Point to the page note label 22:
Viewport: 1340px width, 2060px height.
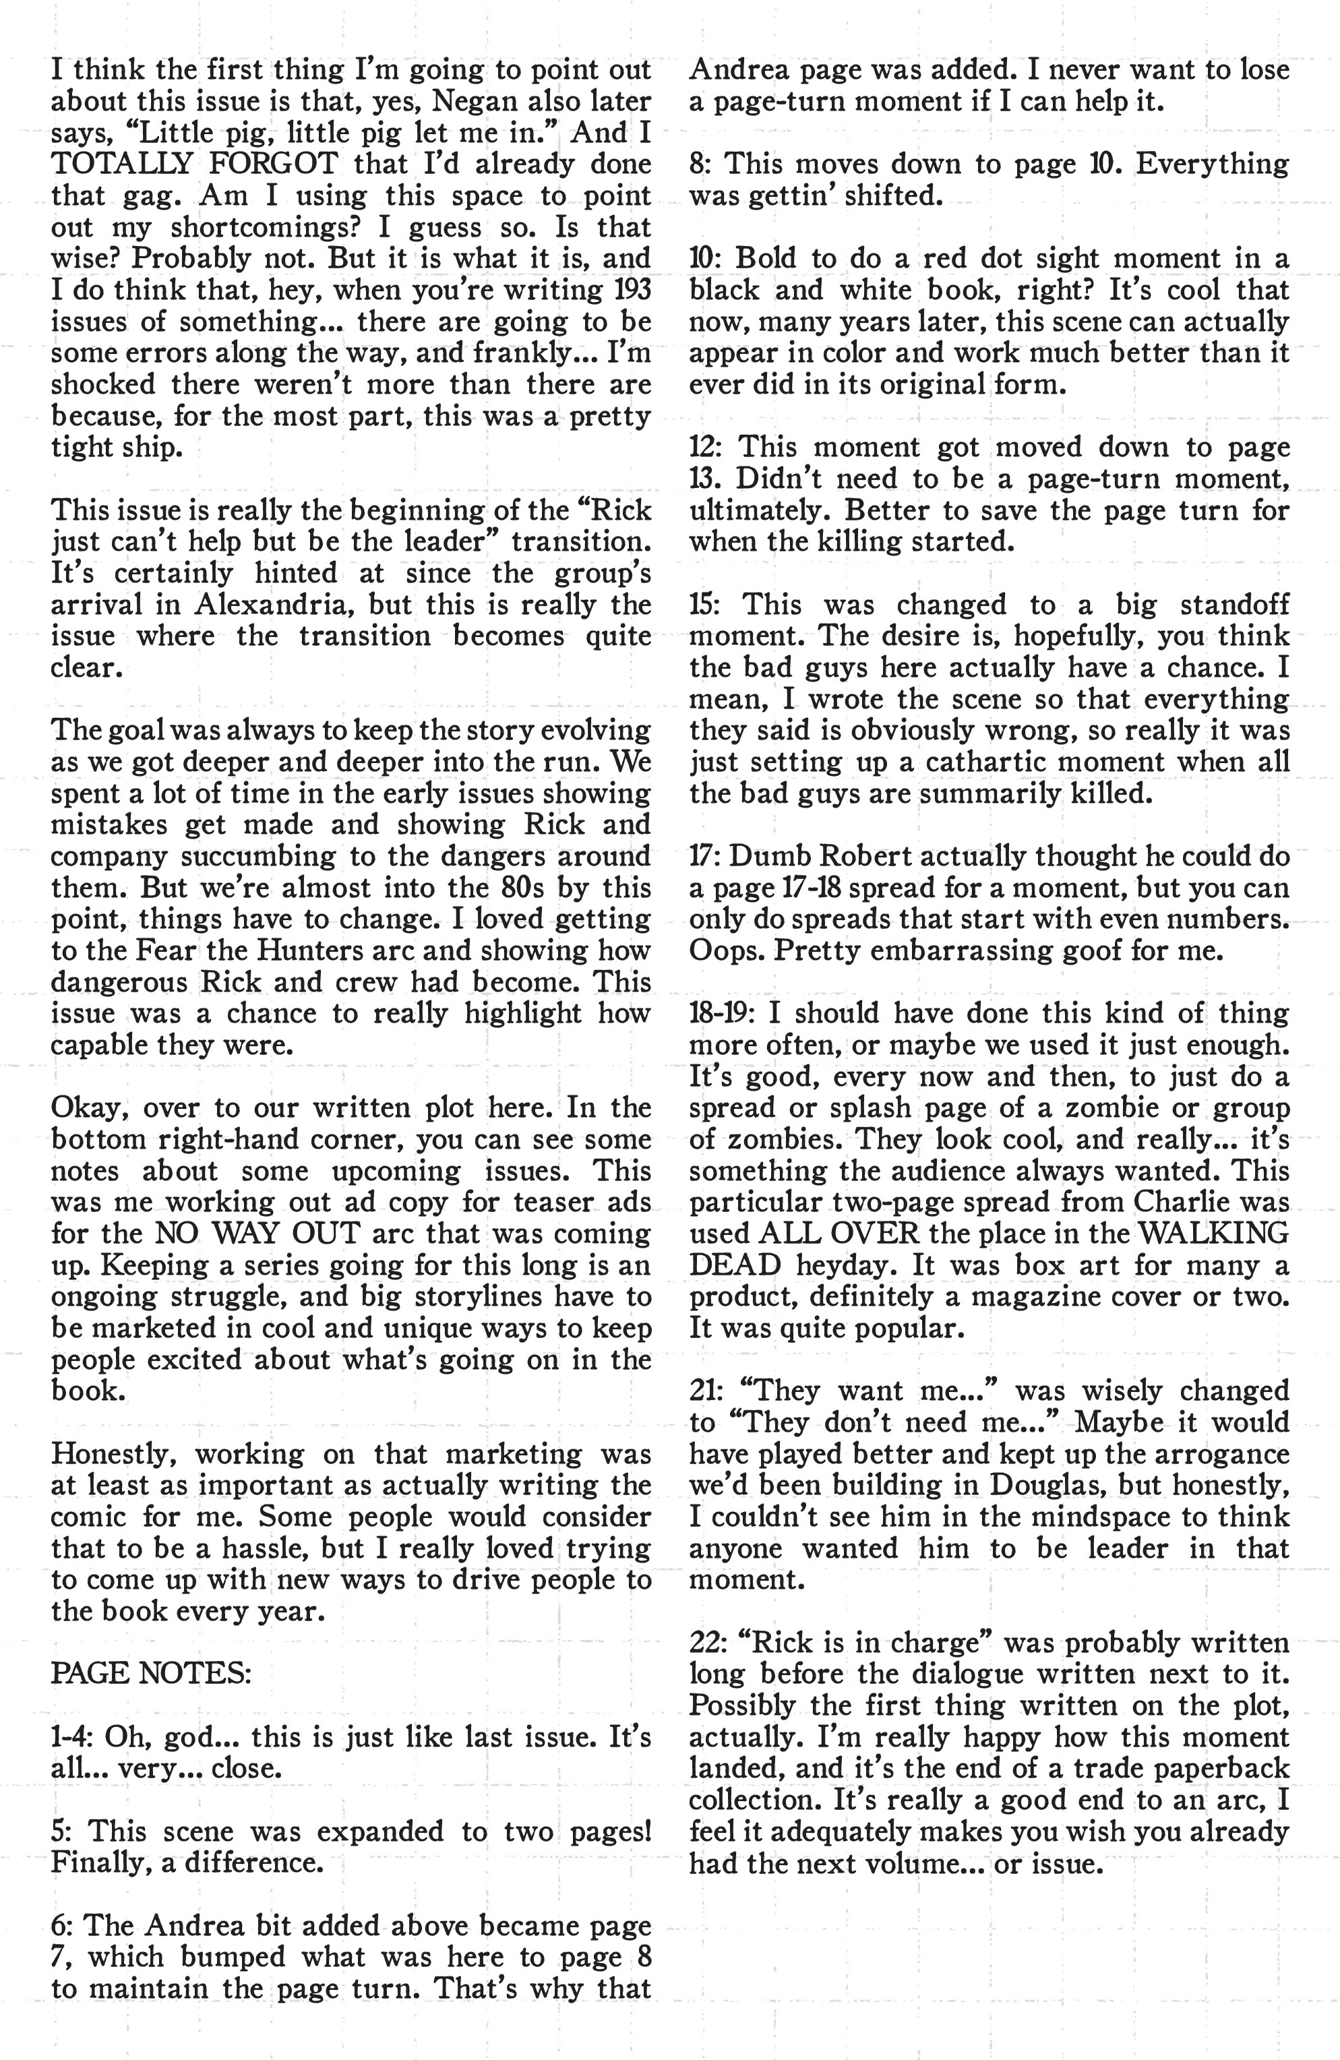click(708, 1642)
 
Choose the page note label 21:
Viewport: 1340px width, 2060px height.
click(708, 1390)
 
